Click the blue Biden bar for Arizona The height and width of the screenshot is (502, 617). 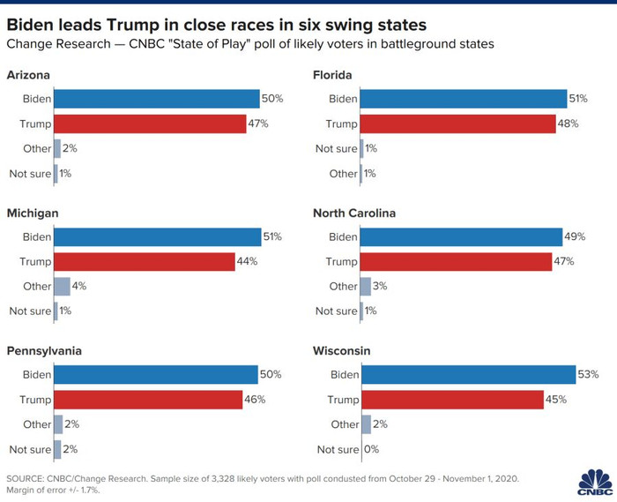[x=156, y=99]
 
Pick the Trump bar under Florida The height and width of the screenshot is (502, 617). [x=458, y=124]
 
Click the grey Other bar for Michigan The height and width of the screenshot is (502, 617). [x=62, y=286]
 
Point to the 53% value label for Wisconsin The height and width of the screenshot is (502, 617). [x=589, y=375]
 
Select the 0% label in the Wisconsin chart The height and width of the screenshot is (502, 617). [x=373, y=450]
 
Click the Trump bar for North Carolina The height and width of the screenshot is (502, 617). [x=457, y=261]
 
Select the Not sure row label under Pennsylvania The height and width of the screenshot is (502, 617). [x=30, y=450]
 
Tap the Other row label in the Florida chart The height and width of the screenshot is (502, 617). [x=343, y=174]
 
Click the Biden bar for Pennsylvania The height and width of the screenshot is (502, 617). [x=155, y=375]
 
